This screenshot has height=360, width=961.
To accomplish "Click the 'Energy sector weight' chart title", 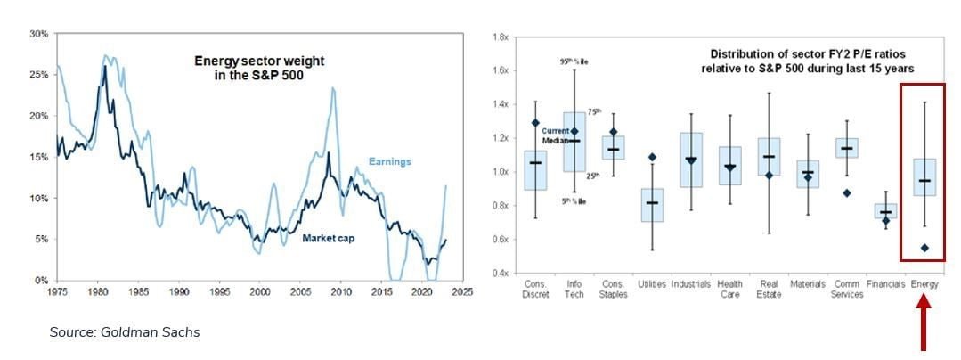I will pos(259,68).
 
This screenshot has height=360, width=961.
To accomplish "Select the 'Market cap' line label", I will pos(329,238).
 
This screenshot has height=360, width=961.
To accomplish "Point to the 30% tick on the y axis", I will pos(38,34).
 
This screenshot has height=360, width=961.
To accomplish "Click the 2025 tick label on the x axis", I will pos(460,290).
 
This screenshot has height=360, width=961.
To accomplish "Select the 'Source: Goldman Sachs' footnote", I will pos(124,332).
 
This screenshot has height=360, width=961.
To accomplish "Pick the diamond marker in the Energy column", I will pos(925,248).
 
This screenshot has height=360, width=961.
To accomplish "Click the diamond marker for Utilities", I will pos(652,158).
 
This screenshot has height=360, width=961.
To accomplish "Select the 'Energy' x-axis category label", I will pos(925,285).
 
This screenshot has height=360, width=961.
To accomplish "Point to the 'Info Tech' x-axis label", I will pos(574,290).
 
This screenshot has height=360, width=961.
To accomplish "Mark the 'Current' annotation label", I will pos(557,131).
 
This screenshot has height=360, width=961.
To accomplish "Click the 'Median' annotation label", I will pos(556,141).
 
